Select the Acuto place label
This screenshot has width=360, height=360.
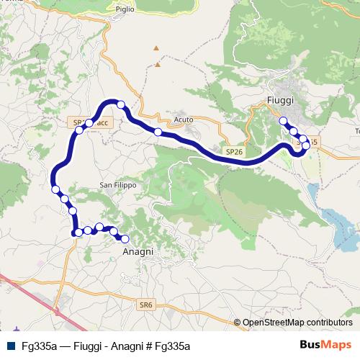pos(184,120)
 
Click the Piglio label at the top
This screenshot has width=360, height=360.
pos(124,9)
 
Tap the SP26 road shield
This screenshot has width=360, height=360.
pos(233,152)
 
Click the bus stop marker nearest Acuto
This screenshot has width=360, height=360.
pos(158,132)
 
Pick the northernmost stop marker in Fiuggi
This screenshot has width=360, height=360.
pos(283,121)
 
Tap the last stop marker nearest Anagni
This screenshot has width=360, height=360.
pos(125,239)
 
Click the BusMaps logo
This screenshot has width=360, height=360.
pos(326,345)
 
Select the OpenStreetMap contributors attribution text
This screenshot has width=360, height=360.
pos(297,323)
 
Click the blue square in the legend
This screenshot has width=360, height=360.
pos(9,345)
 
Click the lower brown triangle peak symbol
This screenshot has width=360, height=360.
pos(157,64)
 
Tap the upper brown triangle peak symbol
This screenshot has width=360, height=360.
pos(154,48)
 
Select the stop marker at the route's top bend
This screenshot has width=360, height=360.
pos(121,105)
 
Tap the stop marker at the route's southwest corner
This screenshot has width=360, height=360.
pos(77,233)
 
